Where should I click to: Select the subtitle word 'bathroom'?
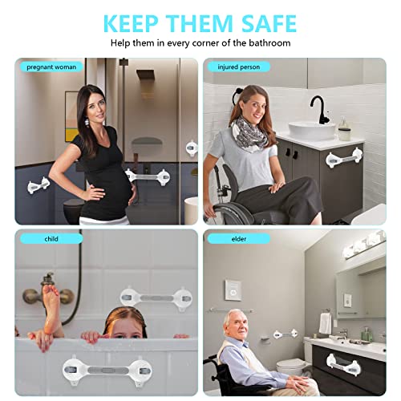269,42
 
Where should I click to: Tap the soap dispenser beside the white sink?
344,128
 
